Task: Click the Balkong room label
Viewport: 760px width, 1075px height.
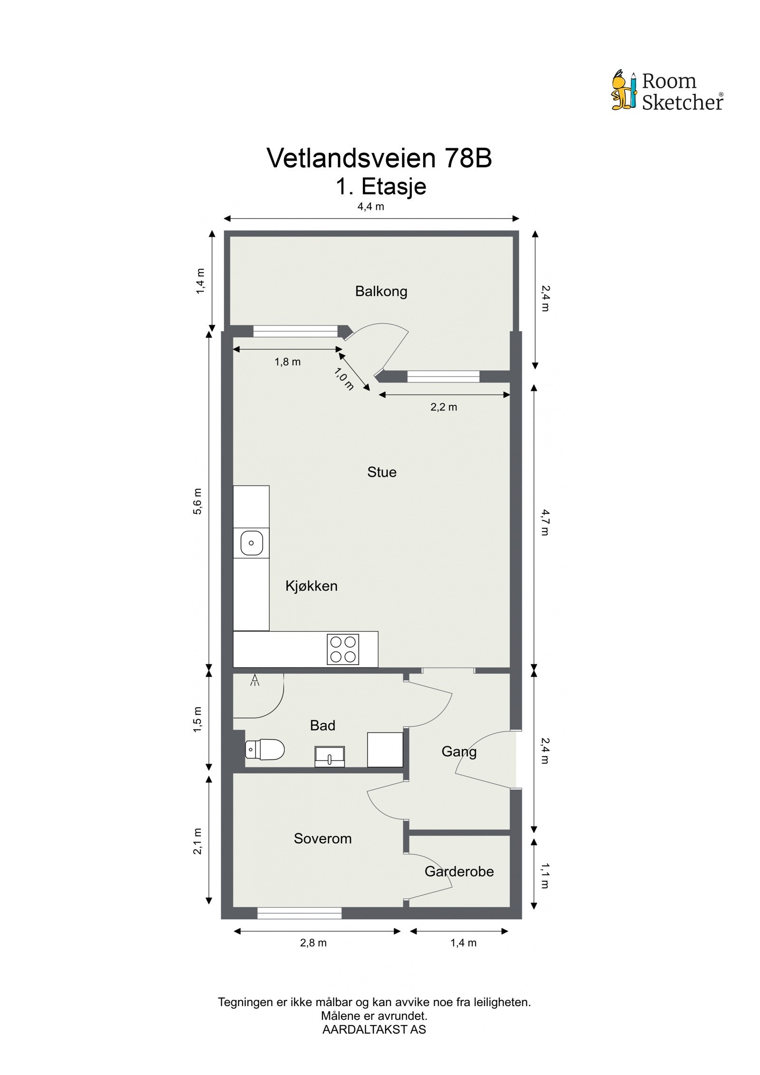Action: coord(381,291)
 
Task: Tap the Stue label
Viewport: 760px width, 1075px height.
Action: coord(381,472)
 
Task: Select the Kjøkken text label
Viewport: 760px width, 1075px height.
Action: coord(311,586)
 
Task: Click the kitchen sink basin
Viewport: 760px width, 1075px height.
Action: coord(251,542)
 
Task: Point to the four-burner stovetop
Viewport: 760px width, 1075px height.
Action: coord(342,649)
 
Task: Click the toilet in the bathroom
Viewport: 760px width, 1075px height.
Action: coord(265,749)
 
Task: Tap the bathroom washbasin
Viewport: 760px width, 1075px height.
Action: coord(330,756)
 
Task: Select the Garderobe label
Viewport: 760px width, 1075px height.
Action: coord(459,871)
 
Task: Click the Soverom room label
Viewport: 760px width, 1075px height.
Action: coord(323,838)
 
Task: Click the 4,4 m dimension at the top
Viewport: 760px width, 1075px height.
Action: coord(370,207)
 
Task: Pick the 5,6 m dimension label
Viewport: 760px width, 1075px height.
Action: coord(198,501)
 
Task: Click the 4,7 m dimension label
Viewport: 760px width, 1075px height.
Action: coord(545,522)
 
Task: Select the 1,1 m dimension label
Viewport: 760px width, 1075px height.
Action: coord(545,875)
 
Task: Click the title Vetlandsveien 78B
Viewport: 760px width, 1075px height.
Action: coord(379,158)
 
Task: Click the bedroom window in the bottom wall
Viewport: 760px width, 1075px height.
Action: coord(299,913)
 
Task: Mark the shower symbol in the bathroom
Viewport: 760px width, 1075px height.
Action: coord(255,681)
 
